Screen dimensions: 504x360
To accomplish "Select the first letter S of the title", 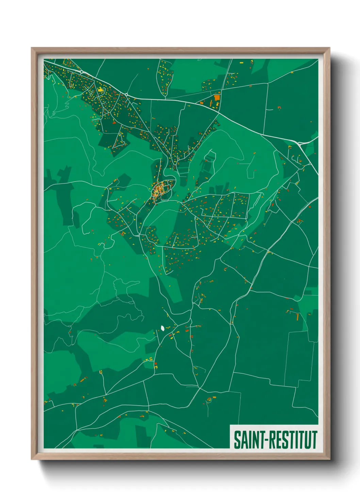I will click(x=236, y=440).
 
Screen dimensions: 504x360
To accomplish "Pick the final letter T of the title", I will click(x=314, y=440).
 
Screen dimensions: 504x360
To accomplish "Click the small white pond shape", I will click(x=163, y=328).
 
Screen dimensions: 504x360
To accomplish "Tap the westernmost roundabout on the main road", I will click(x=82, y=72).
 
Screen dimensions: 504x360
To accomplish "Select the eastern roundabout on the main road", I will click(x=126, y=94).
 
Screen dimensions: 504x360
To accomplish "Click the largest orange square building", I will click(x=217, y=98).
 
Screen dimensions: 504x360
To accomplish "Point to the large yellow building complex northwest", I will click(x=100, y=90).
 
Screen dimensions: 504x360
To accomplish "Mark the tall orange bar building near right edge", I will click(x=297, y=317).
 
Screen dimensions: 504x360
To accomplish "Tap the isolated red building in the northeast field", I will click(x=279, y=108).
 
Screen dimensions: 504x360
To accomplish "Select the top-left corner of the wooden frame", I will click(x=32, y=48).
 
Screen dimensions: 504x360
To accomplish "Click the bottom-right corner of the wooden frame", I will click(x=329, y=459).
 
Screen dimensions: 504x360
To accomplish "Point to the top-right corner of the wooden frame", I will click(x=329, y=48).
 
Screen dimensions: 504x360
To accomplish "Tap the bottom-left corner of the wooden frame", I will click(x=32, y=459).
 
